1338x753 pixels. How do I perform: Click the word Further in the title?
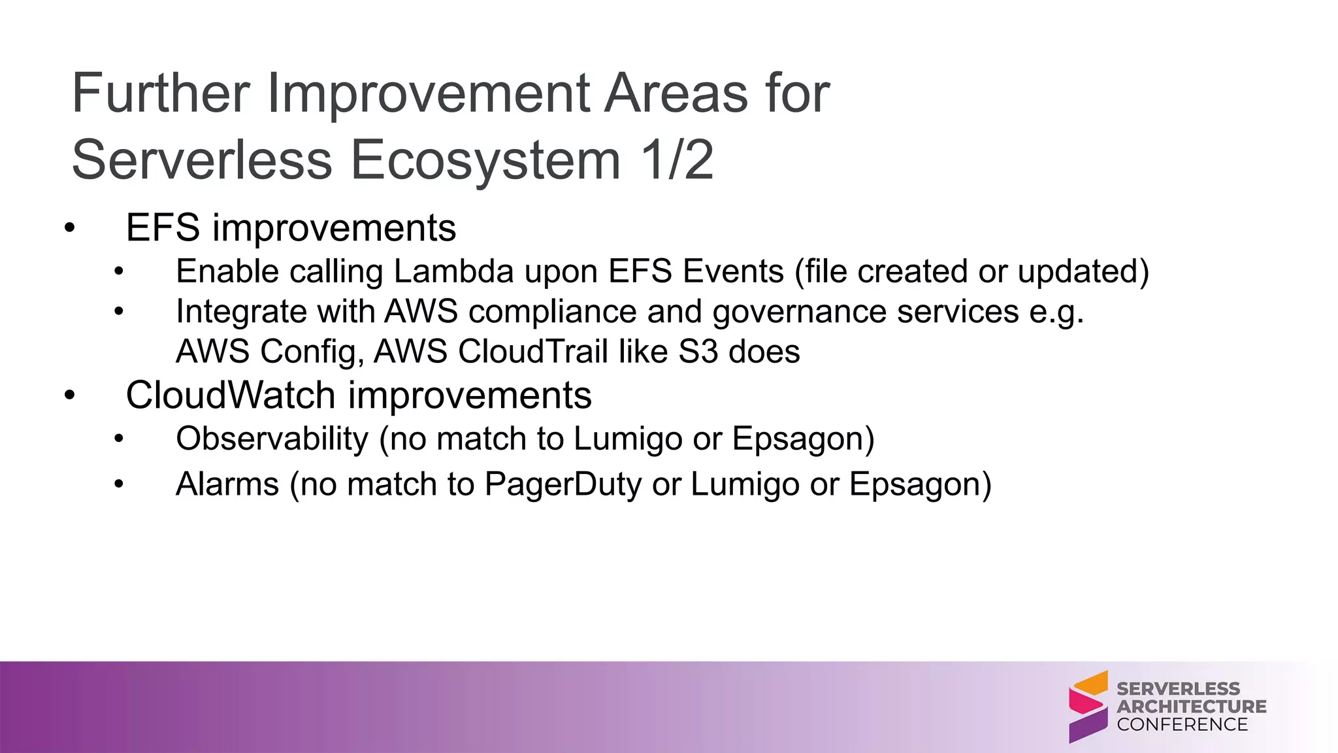(161, 93)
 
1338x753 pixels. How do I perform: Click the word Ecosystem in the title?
(485, 160)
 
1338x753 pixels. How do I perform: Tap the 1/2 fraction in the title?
(677, 160)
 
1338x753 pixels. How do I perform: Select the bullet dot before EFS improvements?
(70, 229)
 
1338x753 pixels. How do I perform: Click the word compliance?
(552, 312)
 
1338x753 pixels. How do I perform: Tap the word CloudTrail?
(532, 352)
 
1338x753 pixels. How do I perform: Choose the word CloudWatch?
(230, 395)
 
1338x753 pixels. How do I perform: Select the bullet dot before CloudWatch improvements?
(70, 396)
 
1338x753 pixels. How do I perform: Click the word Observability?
(272, 439)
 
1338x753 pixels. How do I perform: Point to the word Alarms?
(227, 484)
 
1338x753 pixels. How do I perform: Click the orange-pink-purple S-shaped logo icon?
(1088, 707)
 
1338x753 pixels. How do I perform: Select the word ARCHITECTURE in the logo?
(1191, 707)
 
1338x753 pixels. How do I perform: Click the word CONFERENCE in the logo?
(1182, 724)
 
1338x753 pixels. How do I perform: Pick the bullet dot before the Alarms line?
(118, 485)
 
